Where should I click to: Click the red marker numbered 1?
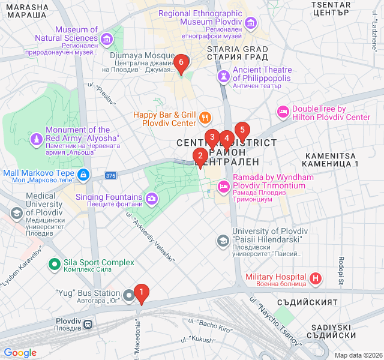(x=142, y=293)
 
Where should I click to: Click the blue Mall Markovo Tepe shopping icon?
(x=83, y=175)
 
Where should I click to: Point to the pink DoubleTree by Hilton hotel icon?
(x=283, y=112)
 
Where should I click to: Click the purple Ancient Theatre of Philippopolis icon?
(x=223, y=76)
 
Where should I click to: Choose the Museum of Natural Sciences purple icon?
(x=107, y=40)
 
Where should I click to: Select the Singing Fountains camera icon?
(x=152, y=197)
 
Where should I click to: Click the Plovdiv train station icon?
(x=88, y=324)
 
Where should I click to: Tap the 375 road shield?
(x=110, y=176)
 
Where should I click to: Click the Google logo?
(x=20, y=353)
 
